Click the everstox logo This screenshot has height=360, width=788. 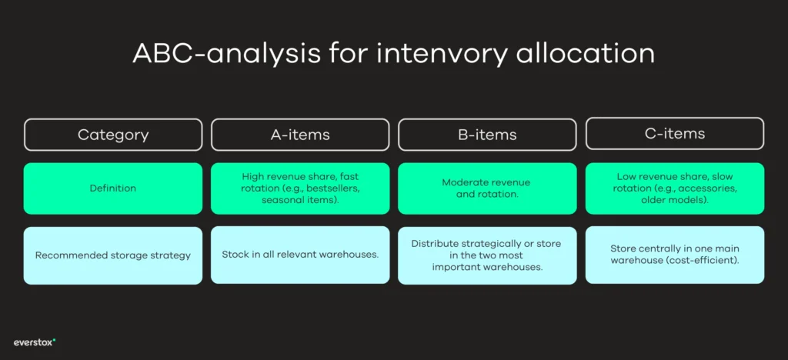35,342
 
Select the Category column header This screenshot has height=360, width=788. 113,135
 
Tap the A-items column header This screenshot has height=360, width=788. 300,135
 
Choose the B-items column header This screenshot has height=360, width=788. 487,135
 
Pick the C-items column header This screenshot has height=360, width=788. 674,134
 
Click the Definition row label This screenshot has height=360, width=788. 113,188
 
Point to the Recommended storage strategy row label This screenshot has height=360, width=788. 113,255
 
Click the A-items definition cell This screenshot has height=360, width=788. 300,188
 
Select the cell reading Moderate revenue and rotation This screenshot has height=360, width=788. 487,188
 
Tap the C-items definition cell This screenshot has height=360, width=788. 674,188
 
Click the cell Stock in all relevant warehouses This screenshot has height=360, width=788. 300,255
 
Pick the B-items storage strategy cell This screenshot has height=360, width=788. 487,255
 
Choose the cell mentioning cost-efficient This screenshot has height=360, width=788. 674,255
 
